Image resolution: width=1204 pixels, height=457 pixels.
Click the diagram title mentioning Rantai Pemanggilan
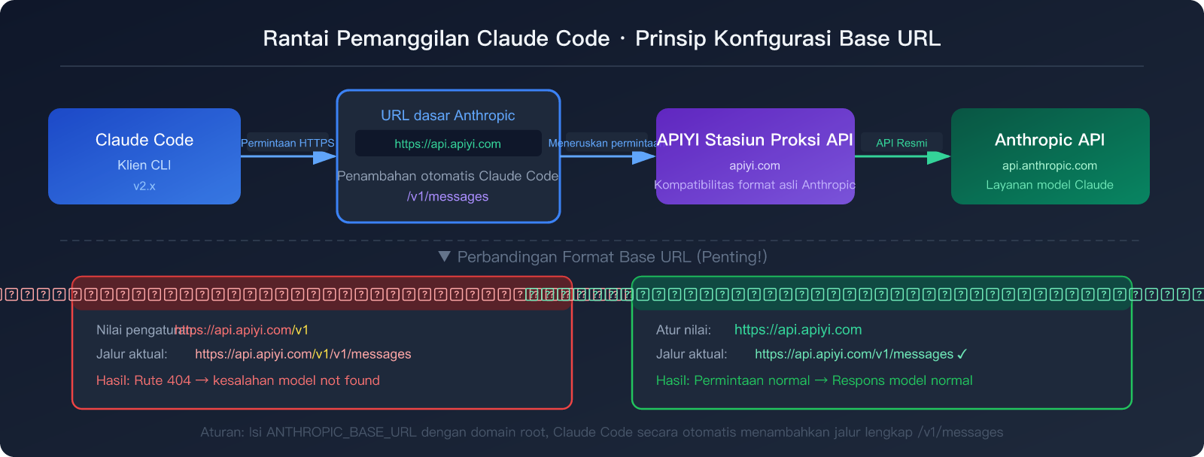(x=601, y=38)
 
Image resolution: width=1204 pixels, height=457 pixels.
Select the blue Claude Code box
(x=144, y=156)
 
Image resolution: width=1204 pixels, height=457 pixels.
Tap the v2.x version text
(x=144, y=186)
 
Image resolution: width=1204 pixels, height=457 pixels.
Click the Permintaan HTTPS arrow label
(x=287, y=143)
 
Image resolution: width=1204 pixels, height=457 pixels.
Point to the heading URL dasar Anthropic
(x=448, y=115)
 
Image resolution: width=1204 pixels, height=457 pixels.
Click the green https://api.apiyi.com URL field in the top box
(x=448, y=144)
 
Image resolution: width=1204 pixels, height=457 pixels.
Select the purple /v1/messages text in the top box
(x=448, y=196)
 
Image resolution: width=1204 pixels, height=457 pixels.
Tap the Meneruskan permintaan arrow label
(x=603, y=143)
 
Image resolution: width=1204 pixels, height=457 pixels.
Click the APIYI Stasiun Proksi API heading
(x=755, y=140)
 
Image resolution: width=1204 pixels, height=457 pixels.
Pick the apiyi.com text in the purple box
(x=755, y=165)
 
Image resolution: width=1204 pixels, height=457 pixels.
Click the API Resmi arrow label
(x=901, y=143)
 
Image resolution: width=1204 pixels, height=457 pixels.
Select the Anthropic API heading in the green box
(x=1050, y=140)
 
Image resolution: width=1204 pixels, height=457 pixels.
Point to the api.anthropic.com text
(x=1050, y=165)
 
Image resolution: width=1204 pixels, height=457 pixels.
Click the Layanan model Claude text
(x=1050, y=185)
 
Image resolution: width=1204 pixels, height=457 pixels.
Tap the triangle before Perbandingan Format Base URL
(x=445, y=257)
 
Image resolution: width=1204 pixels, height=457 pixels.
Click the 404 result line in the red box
(x=238, y=380)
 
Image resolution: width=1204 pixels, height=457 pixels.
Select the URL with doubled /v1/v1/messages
(x=303, y=354)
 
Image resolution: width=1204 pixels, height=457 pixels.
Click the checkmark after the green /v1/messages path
(x=962, y=354)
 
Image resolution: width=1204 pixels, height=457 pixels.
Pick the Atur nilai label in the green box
(x=683, y=330)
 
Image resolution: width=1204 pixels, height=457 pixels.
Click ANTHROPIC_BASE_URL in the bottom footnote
(x=342, y=432)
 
